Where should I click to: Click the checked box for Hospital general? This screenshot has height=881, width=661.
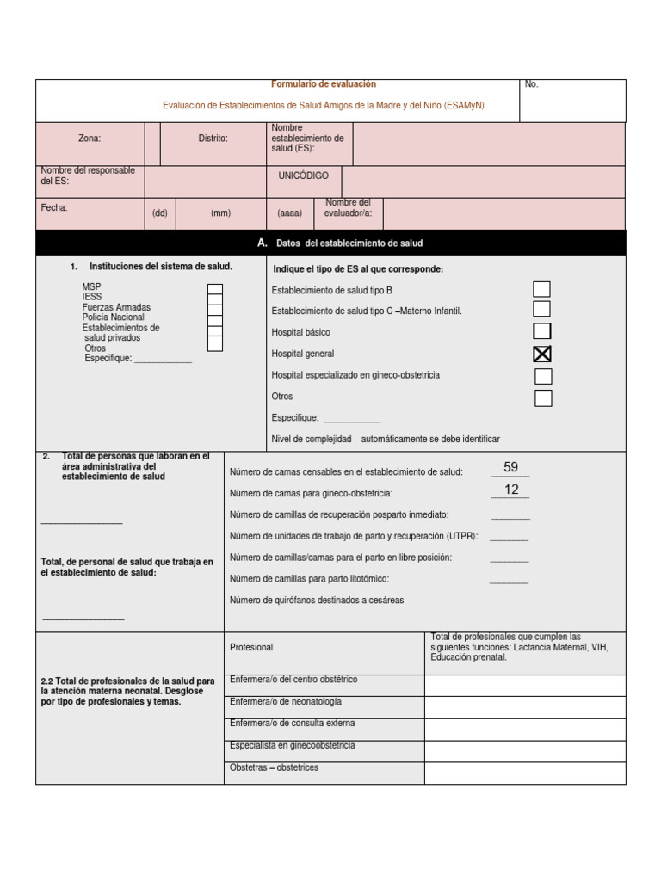[x=542, y=354]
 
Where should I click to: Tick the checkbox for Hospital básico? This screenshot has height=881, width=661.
[x=542, y=331]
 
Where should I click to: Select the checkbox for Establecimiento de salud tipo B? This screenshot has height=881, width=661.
[x=542, y=290]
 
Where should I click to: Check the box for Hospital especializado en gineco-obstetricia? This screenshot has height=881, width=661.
[x=543, y=376]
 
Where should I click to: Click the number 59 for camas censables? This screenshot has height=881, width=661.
[x=510, y=467]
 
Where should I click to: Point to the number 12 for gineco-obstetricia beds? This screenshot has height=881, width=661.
[x=511, y=490]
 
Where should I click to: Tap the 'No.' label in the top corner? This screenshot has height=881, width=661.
[x=531, y=84]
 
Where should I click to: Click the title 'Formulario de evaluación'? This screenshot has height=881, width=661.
[x=324, y=84]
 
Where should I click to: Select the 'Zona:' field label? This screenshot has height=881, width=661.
[x=90, y=138]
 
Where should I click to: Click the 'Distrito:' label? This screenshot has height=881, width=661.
[x=213, y=138]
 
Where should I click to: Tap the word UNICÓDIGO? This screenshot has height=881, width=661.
[x=303, y=176]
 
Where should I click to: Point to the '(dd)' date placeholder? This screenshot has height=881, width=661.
[x=160, y=213]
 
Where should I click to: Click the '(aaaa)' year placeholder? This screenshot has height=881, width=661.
[x=289, y=213]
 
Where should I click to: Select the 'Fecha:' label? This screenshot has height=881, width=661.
[x=54, y=207]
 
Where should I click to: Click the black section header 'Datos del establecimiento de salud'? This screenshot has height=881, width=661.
[x=349, y=243]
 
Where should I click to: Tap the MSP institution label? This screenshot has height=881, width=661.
[x=91, y=286]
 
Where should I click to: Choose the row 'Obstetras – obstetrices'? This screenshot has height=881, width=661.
[x=275, y=767]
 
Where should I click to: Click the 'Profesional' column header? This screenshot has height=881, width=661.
[x=251, y=647]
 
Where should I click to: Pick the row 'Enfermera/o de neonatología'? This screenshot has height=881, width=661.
[x=286, y=702]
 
